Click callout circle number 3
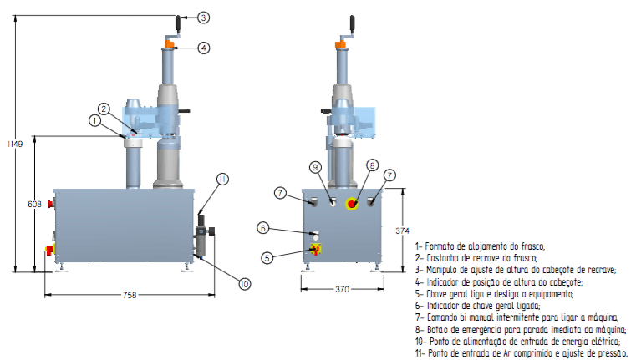coord(205,17)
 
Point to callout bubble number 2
coord(104,109)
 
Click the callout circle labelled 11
coord(222,179)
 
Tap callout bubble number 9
coord(315,168)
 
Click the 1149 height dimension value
coord(14,144)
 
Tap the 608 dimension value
coord(34,203)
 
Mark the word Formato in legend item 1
coord(441,246)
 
